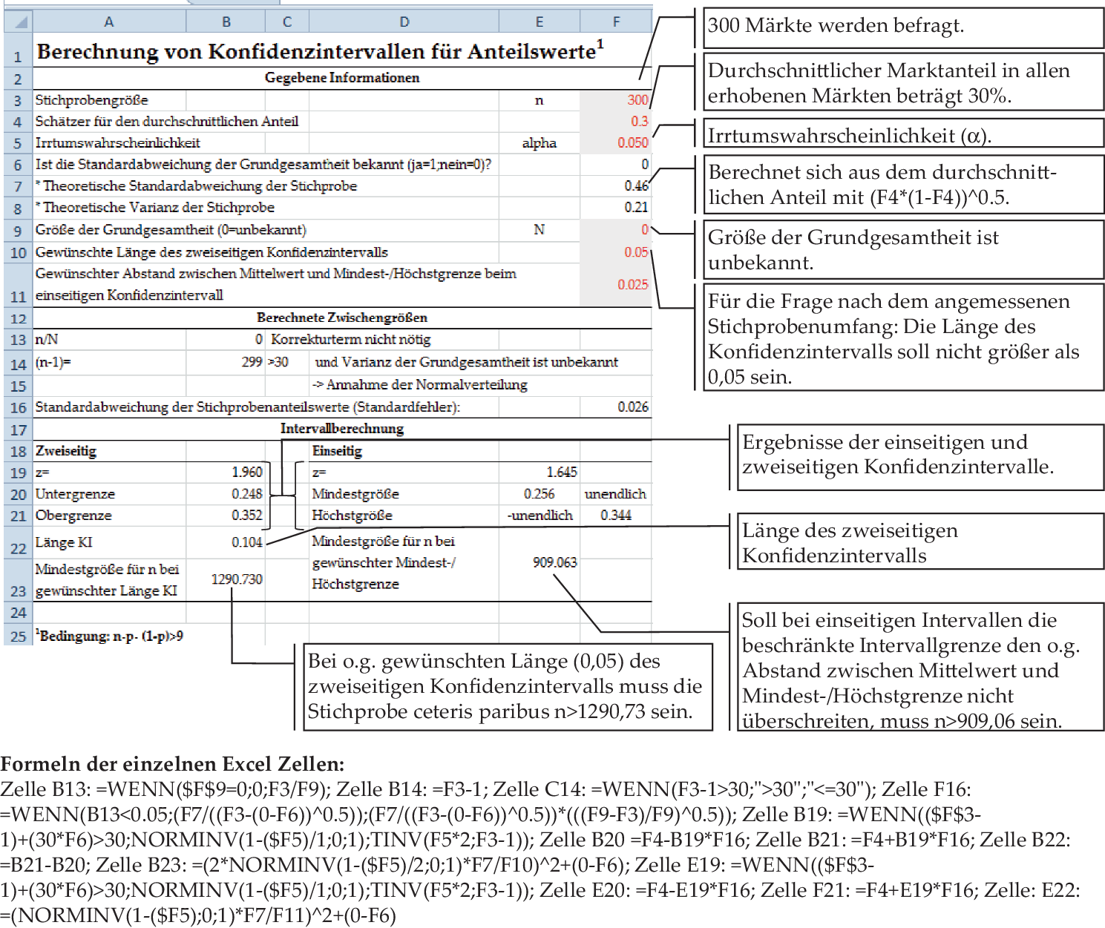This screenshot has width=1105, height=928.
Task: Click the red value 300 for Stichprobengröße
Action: point(637,99)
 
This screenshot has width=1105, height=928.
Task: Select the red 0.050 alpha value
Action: point(632,142)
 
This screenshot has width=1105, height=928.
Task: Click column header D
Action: point(404,22)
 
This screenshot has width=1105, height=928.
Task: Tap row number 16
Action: point(18,407)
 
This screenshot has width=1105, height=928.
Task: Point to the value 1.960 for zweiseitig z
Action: point(246,472)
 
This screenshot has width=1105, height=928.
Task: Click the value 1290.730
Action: point(237,579)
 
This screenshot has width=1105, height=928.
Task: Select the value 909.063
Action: point(554,562)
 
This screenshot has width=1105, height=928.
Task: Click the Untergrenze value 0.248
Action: point(246,493)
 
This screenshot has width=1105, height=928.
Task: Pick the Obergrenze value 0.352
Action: point(246,515)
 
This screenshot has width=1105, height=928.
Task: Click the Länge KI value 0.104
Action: point(246,542)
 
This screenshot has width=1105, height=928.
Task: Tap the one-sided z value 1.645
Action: point(561,472)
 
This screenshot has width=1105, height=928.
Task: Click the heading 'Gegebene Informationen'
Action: point(342,78)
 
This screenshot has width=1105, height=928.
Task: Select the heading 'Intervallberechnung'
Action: point(342,428)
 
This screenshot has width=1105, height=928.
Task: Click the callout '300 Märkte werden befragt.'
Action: point(836,26)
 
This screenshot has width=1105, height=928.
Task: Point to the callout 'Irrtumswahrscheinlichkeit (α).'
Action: point(849,136)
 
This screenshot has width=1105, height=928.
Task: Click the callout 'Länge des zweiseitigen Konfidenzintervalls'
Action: point(849,543)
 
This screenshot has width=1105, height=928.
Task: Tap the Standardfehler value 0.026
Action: point(632,407)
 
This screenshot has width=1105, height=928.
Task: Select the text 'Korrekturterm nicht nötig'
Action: point(350,339)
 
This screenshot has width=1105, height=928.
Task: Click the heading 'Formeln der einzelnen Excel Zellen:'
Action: point(172,764)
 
